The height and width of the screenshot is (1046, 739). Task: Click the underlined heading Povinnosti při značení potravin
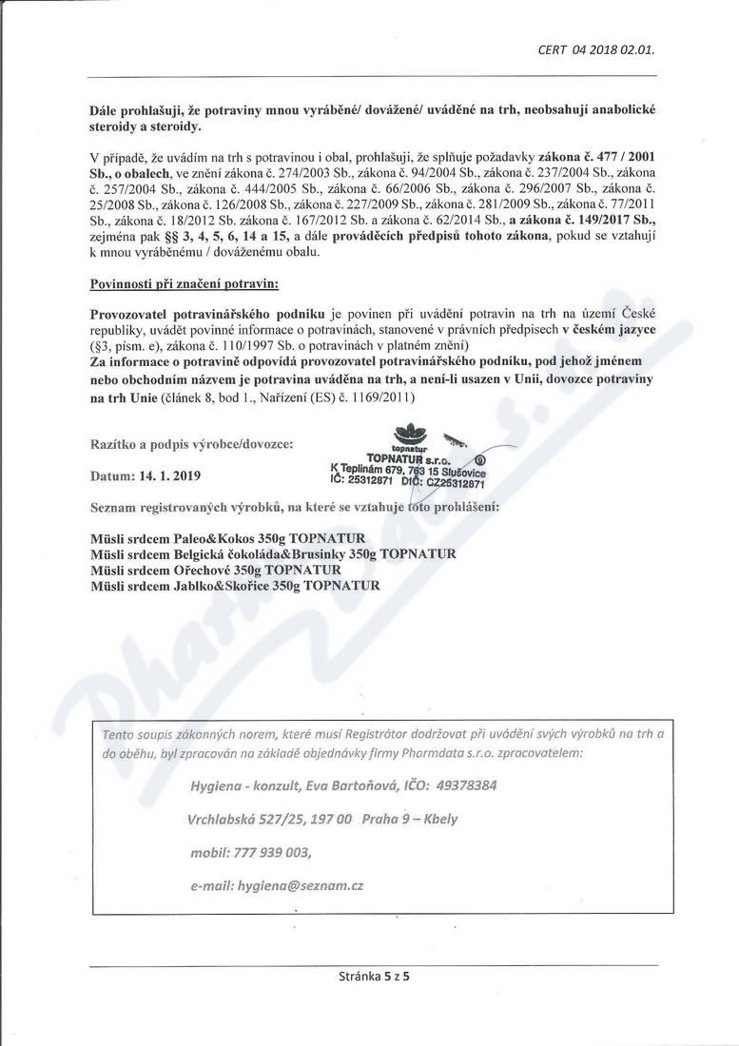170,283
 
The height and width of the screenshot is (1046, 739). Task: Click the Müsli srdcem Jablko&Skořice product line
234,585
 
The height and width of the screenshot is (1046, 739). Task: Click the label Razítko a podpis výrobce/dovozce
191,443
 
